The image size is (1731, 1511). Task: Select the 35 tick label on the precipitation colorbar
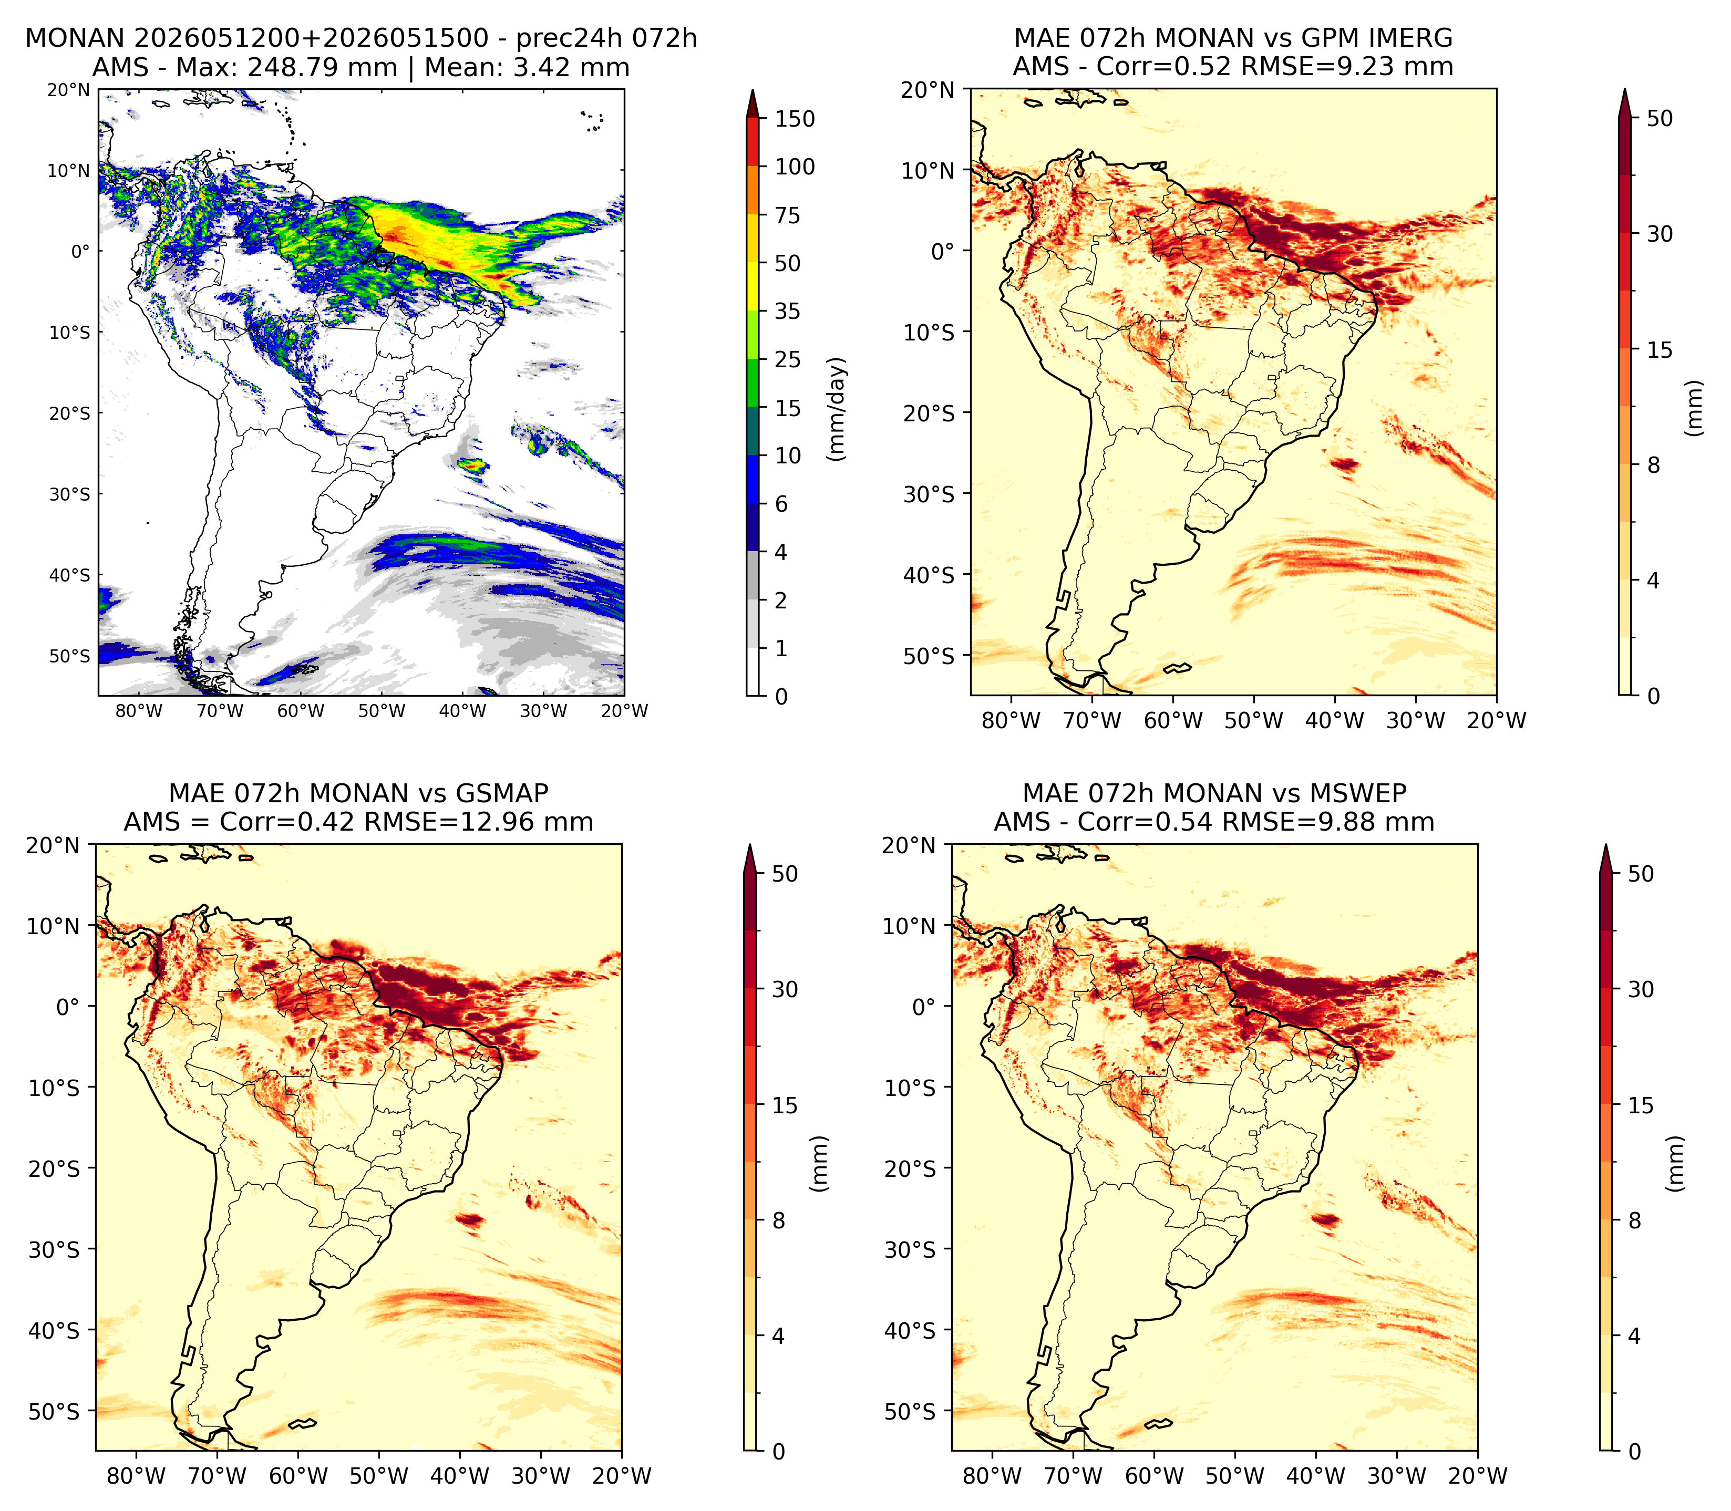coord(788,311)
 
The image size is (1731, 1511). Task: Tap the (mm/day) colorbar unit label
coord(837,409)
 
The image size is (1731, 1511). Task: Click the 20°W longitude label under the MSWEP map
coord(1476,1476)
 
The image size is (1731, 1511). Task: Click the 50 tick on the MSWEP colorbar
coord(1640,874)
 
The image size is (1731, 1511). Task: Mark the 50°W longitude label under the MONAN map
coord(381,711)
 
